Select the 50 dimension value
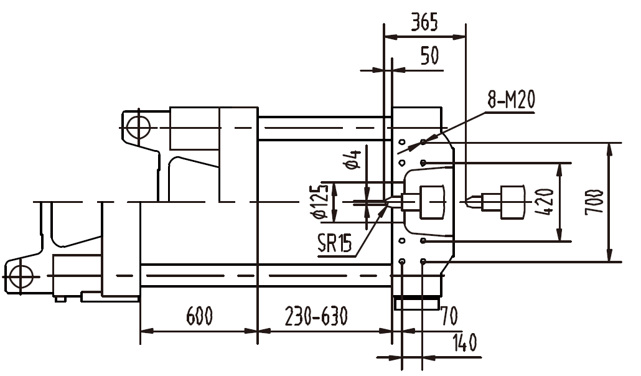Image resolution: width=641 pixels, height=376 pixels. (x=429, y=56)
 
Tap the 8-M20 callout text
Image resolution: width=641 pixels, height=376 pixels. (x=511, y=100)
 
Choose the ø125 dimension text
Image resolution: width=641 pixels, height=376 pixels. (x=322, y=202)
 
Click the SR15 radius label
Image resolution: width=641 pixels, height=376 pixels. (x=335, y=244)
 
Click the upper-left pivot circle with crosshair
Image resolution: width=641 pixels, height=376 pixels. (x=136, y=128)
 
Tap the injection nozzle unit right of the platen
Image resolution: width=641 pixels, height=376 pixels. (x=504, y=202)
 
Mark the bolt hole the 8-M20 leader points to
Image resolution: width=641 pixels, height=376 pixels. (x=423, y=142)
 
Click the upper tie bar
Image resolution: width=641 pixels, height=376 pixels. (x=324, y=128)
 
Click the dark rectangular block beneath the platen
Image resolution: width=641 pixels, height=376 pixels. (x=416, y=304)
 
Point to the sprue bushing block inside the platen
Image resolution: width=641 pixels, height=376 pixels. (x=431, y=202)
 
